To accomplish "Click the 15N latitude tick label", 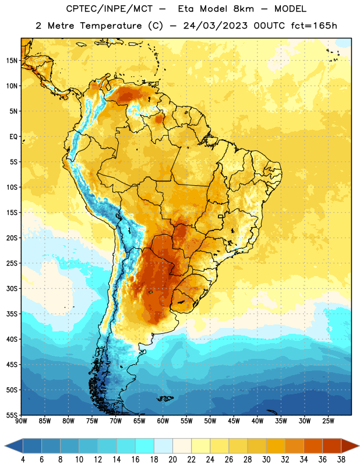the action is pyautogui.click(x=12, y=61).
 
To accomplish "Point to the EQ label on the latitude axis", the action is pyautogui.click(x=13, y=137).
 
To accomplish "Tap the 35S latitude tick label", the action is pyautogui.click(x=12, y=314).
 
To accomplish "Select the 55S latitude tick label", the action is pyautogui.click(x=12, y=415).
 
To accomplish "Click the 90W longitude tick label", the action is pyautogui.click(x=21, y=421).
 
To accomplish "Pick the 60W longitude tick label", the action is pyautogui.click(x=163, y=421).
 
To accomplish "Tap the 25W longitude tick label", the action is pyautogui.click(x=328, y=421).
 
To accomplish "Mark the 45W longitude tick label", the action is pyautogui.click(x=234, y=421).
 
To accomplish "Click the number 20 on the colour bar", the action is pyautogui.click(x=172, y=460).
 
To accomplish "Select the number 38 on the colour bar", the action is pyautogui.click(x=341, y=460).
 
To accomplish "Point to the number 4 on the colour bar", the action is pyautogui.click(x=23, y=460).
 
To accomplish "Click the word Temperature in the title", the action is pyautogui.click(x=111, y=26).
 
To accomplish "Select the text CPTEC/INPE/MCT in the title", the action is pyautogui.click(x=109, y=9).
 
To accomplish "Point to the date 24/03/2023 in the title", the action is pyautogui.click(x=215, y=26).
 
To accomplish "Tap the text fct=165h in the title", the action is pyautogui.click(x=313, y=26).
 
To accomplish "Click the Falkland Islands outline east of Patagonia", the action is pyautogui.click(x=165, y=398).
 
